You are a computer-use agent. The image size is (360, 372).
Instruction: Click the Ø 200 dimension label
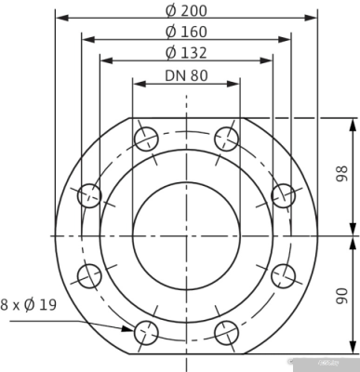186,10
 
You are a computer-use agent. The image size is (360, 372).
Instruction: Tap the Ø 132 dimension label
186,53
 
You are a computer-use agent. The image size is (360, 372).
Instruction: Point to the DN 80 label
186,75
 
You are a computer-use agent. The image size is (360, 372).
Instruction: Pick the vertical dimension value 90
341,295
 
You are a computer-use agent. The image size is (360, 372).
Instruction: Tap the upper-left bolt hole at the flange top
147,139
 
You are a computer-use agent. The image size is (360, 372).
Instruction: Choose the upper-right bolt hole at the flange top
226,139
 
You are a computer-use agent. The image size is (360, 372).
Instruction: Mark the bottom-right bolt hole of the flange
226,331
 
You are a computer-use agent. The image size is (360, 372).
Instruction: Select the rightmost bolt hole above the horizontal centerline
283,195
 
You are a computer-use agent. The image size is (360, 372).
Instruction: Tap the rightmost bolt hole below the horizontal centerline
283,275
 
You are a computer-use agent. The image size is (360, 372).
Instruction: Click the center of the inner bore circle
186,235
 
